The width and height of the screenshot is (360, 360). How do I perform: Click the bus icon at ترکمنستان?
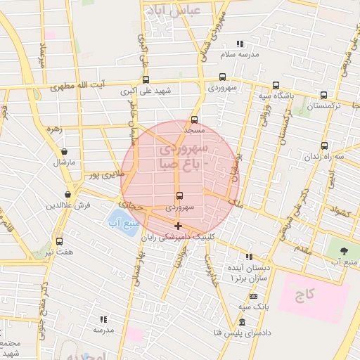click(323, 96)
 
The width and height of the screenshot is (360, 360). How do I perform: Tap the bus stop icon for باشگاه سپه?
click(276, 85)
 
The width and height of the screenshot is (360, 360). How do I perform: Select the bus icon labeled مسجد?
click(195, 120)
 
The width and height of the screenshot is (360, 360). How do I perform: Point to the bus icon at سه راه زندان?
click(314, 146)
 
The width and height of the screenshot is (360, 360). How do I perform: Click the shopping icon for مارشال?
click(65, 152)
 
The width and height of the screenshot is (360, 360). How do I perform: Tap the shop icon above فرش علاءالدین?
click(67, 195)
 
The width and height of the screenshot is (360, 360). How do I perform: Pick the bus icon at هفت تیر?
click(59, 241)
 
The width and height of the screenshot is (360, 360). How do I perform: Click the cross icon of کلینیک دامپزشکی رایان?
click(178, 226)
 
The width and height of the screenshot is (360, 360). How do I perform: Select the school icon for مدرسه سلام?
click(240, 44)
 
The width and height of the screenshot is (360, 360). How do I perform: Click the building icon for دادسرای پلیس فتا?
click(242, 321)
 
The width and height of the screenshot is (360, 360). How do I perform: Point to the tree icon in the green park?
click(344, 250)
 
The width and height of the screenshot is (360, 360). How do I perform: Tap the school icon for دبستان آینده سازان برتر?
click(247, 257)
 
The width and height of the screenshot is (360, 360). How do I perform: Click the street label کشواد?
click(340, 212)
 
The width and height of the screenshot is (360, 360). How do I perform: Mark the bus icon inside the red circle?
click(179, 196)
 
